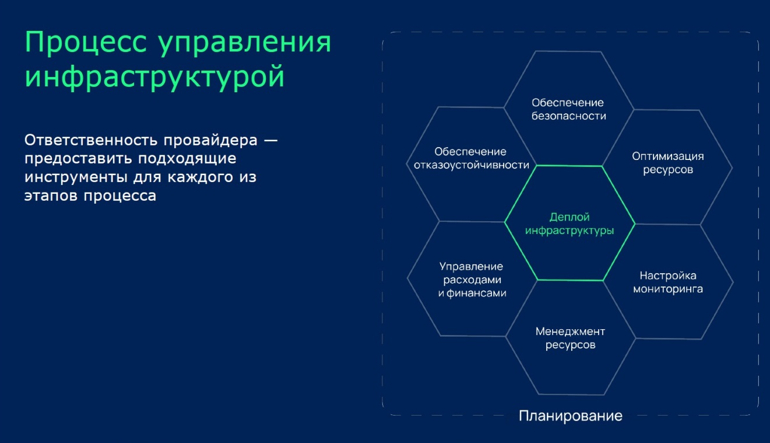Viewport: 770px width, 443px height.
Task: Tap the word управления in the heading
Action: point(244,43)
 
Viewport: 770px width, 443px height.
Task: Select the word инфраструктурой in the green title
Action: point(154,77)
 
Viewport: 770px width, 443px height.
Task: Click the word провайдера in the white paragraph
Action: point(210,141)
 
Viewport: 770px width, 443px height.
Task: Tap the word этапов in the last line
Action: point(51,196)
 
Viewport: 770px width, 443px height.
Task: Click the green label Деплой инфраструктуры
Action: point(569,224)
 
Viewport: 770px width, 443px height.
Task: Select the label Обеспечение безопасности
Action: point(568,109)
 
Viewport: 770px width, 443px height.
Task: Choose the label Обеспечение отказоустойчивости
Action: point(472,158)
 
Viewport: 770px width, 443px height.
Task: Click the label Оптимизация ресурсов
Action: point(668,163)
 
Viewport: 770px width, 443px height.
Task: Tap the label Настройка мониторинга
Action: point(668,282)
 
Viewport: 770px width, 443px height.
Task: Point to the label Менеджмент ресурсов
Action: point(570,338)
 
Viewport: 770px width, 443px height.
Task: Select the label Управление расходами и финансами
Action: point(472,280)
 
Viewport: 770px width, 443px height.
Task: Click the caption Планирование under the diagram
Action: point(571,416)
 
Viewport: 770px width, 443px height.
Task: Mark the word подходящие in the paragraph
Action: point(187,159)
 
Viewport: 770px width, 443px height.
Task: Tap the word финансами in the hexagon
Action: point(476,293)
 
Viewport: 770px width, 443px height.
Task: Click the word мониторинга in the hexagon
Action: point(668,289)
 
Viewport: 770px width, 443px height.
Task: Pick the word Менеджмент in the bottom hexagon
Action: point(570,332)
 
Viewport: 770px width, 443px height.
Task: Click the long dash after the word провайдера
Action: point(270,141)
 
